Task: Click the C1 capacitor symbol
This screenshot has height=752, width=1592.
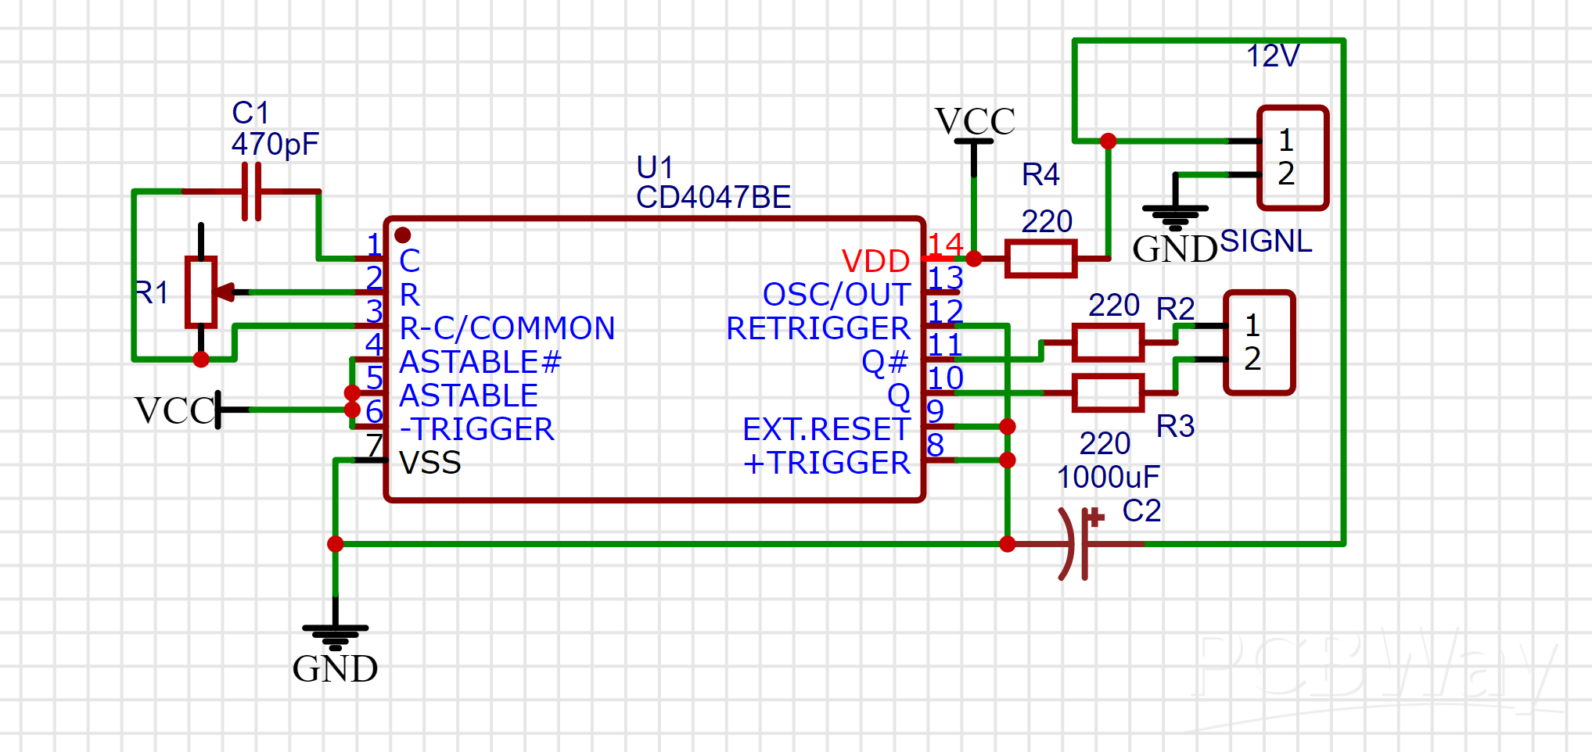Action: coord(251,192)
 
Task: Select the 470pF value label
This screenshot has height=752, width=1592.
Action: coord(275,145)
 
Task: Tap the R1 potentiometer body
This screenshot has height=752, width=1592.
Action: coord(201,292)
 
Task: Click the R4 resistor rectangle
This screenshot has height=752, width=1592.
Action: coord(1040,259)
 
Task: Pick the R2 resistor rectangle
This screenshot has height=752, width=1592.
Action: coord(1108,342)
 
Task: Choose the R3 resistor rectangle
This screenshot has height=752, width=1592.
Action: coord(1108,392)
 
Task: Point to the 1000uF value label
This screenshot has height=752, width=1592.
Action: coord(1108,477)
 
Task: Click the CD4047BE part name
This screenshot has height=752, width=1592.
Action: coord(713,198)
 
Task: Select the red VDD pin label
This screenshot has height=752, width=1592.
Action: coord(875,261)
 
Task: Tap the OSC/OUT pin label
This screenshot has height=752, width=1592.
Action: coord(836,295)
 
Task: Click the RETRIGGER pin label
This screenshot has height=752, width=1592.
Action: coord(818,328)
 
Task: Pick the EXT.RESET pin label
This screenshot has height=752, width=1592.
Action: coord(826,429)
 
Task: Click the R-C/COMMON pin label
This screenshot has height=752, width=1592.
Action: coord(507,328)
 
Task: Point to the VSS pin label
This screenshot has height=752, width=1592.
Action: coord(430,463)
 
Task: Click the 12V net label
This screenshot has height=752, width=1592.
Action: coord(1272,56)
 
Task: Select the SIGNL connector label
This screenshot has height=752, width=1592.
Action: coord(1266,241)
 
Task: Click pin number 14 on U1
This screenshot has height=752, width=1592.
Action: coord(945,245)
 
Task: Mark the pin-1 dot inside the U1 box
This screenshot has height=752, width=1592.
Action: coord(403,235)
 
